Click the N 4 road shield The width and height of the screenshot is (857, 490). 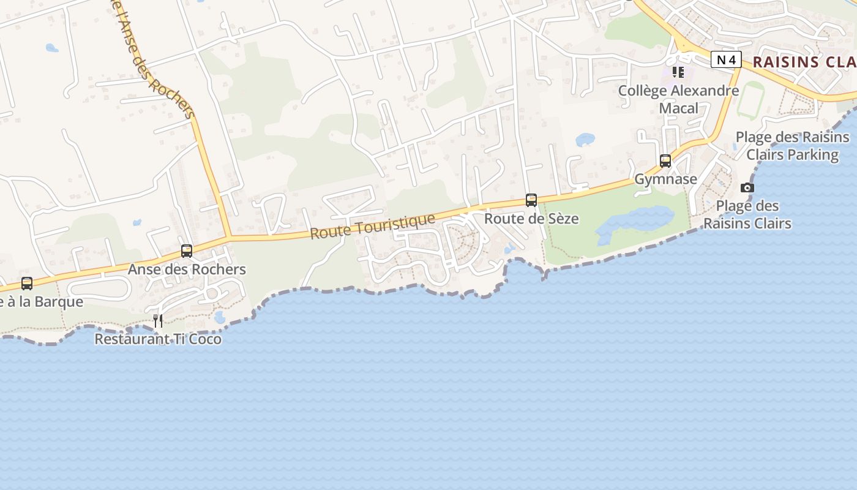(x=726, y=59)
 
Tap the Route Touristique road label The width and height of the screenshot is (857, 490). (x=372, y=225)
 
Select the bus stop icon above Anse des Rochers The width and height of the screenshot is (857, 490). (x=187, y=251)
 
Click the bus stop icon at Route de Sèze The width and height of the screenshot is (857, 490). (x=531, y=200)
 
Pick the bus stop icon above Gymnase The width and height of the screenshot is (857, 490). (x=665, y=161)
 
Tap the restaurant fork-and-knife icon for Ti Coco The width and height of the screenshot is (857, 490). (x=158, y=321)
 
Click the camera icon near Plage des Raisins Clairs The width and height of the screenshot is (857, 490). (x=747, y=187)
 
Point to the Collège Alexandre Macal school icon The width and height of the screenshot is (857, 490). (x=678, y=72)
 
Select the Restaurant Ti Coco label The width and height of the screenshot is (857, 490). (x=158, y=339)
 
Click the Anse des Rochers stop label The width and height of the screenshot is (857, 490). (x=187, y=269)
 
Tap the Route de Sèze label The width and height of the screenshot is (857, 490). (x=531, y=219)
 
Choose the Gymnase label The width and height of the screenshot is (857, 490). (x=665, y=179)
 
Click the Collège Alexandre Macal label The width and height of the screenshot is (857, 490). (x=678, y=99)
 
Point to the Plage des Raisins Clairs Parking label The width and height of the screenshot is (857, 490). (x=792, y=146)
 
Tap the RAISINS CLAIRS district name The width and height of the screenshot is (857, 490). (x=804, y=62)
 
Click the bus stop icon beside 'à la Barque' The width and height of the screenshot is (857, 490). (x=27, y=284)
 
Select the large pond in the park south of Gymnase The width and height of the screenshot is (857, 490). (x=637, y=221)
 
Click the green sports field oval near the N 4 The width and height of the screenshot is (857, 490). (x=750, y=99)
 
